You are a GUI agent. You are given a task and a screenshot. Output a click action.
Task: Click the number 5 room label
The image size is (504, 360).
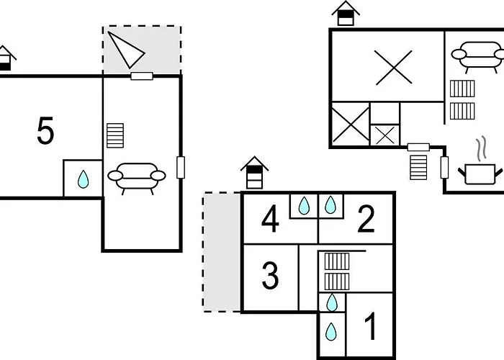pos(45,131)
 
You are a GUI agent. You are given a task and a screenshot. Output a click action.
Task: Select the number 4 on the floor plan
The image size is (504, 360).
pos(270,220)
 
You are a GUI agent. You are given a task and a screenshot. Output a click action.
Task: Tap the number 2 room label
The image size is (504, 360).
pos(366,220)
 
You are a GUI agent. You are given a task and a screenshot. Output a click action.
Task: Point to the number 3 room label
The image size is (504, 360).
pos(270,276)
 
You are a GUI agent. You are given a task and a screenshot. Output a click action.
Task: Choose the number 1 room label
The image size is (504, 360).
pos(370,326)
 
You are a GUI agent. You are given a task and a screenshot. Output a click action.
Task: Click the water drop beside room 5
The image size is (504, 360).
pos(84,179)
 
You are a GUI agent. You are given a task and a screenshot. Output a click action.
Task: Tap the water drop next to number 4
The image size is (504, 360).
pos(304,205)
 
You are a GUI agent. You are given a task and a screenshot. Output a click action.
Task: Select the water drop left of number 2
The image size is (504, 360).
pos(330,204)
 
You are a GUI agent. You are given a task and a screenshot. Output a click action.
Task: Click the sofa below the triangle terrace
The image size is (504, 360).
pos(137,179)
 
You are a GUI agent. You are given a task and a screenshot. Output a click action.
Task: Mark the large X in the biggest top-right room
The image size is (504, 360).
pos(393,68)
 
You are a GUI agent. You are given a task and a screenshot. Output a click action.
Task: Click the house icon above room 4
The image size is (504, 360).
pos(255,173)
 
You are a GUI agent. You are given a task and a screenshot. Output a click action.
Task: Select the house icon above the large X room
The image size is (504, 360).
pos(346,13)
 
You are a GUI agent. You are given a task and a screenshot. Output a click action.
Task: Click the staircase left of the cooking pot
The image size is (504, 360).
pos(418,168)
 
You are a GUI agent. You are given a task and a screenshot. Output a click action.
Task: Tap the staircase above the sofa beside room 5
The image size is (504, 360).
pos(115,135)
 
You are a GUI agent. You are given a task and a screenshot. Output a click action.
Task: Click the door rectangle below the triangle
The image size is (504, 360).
pos(142,76)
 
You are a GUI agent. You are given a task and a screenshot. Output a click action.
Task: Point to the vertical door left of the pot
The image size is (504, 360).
pos(444,167)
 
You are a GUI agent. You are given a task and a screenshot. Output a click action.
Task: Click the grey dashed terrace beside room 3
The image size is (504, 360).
pos(222,252)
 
